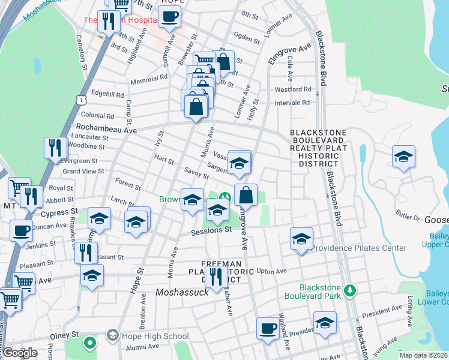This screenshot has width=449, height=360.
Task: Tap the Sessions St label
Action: (211, 230)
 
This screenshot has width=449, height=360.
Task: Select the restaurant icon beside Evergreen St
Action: (56, 148)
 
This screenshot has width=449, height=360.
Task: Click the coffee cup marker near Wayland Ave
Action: (268, 328)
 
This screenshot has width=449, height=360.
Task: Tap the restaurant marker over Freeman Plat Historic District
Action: (216, 277)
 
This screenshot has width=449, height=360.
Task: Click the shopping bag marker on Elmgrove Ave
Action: (246, 195)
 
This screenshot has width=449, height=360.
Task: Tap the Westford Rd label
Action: (293, 89)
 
